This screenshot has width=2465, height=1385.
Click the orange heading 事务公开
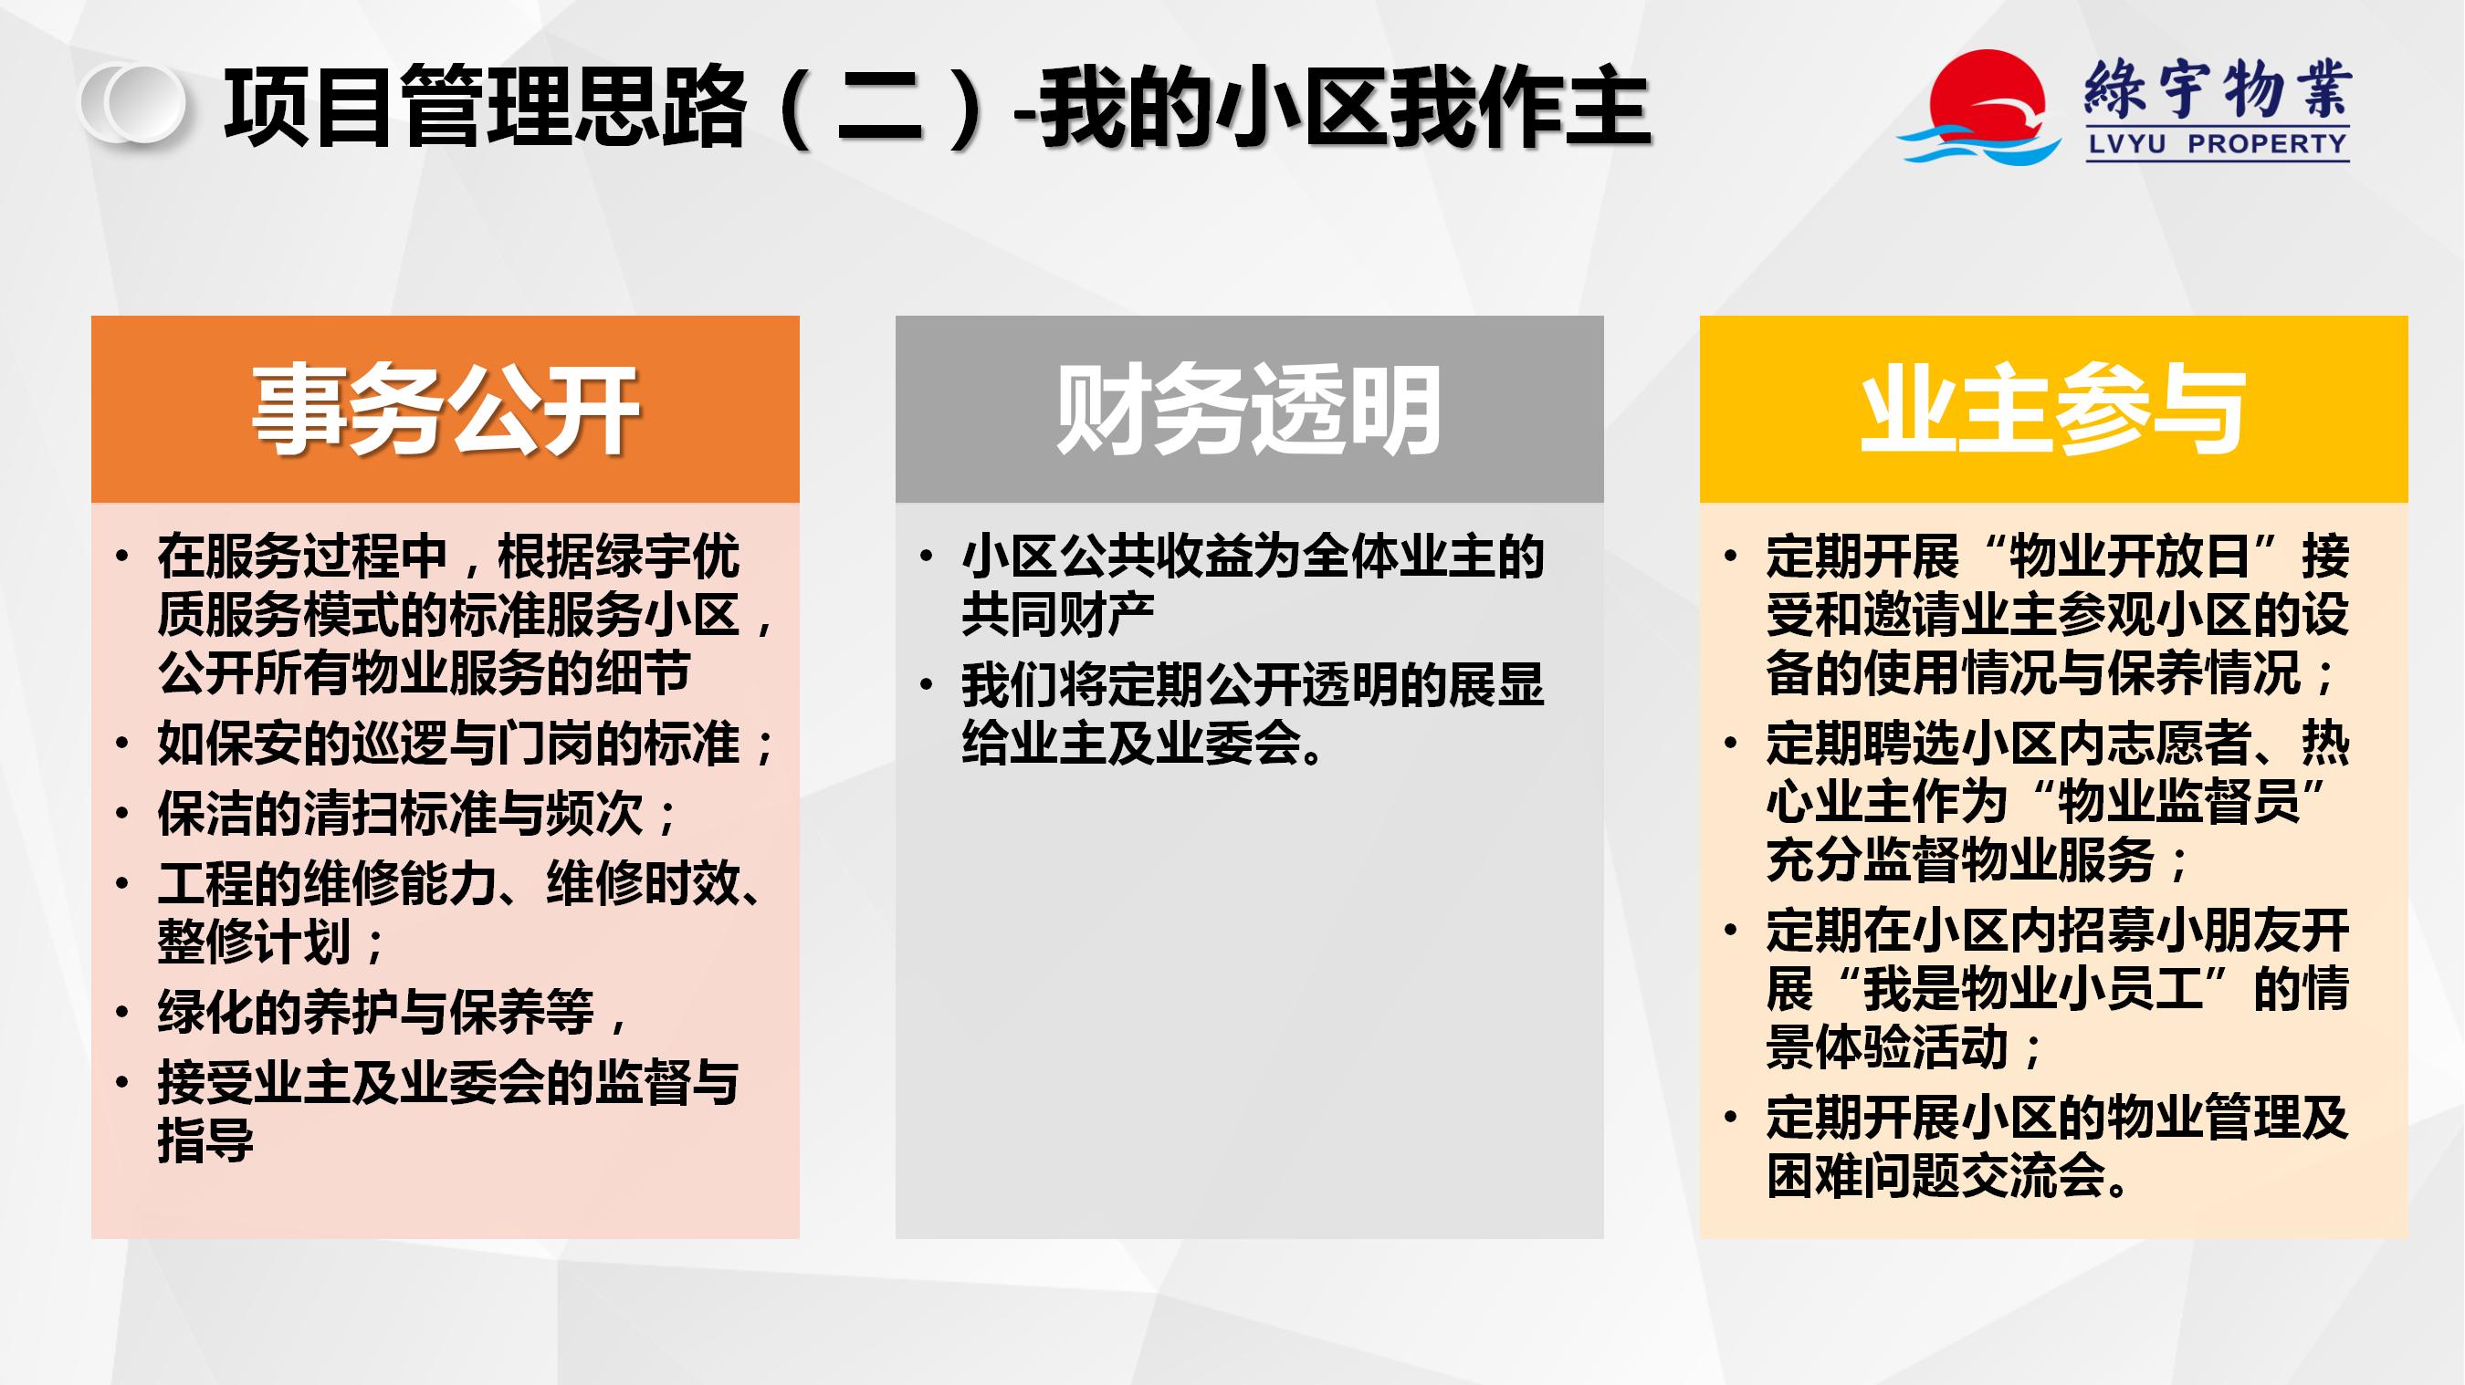(445, 410)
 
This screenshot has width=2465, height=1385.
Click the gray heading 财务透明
(1249, 410)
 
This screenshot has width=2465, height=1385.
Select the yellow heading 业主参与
(2052, 410)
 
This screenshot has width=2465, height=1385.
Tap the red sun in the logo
(1988, 96)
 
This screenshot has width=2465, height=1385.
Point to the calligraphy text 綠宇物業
(2218, 88)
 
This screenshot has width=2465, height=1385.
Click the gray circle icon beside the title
(133, 103)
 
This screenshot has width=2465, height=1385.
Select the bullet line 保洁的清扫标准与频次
(417, 814)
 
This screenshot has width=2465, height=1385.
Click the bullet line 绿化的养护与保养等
(393, 1012)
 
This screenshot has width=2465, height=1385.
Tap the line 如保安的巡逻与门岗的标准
(466, 744)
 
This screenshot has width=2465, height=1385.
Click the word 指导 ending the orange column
(205, 1140)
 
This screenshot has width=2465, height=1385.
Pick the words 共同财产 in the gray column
(1058, 613)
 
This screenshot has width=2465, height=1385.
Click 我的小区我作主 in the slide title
(1346, 106)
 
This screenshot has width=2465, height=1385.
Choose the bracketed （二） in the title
(878, 106)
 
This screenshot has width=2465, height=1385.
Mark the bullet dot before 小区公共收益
(926, 557)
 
